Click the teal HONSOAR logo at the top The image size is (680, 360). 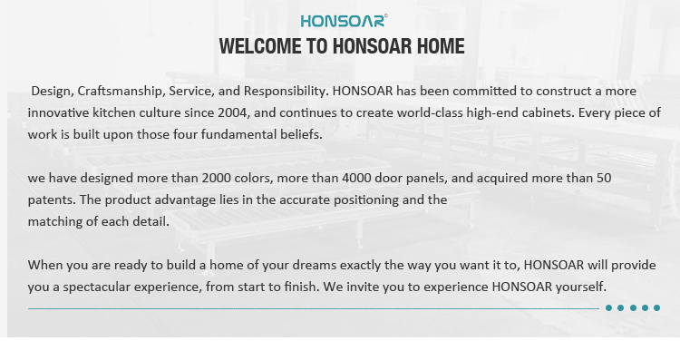344,20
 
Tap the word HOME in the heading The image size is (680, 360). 441,46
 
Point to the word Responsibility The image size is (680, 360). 285,91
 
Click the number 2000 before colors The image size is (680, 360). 217,179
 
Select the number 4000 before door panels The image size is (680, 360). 357,179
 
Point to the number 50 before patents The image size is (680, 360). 604,179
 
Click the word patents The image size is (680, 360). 52,200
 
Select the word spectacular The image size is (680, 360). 97,287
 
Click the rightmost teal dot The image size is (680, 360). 656,308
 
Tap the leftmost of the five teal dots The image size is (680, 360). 609,308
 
